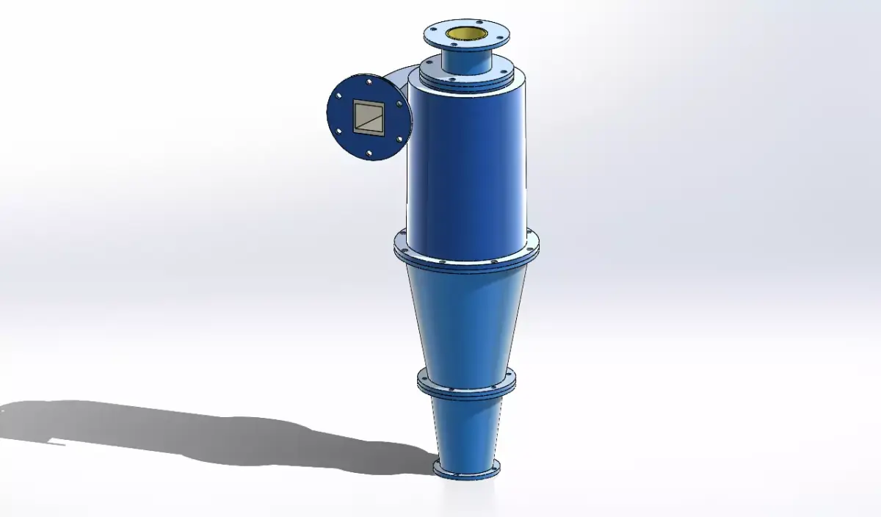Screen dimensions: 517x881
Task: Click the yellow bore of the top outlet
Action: tap(467, 33)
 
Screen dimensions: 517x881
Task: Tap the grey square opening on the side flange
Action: tap(368, 117)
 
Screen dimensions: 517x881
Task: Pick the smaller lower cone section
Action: tap(466, 430)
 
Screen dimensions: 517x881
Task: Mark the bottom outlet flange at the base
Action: tap(466, 470)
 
